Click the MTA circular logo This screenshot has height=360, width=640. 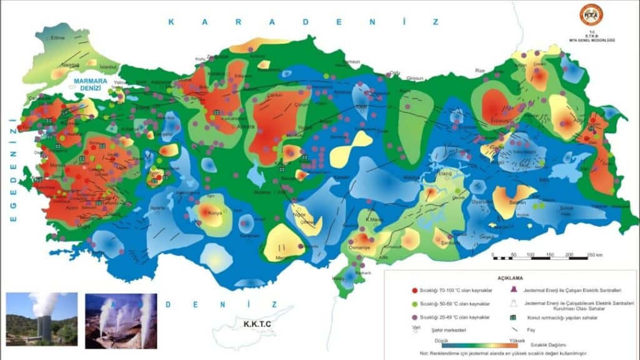click(x=591, y=14)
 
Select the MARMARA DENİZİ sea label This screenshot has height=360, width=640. click(x=90, y=85)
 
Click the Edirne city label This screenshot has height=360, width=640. click(x=58, y=38)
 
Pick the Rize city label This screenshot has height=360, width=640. click(x=480, y=71)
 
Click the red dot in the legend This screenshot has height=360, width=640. click(x=397, y=291)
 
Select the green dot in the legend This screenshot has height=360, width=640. click(x=397, y=304)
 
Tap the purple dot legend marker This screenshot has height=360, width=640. click(x=397, y=317)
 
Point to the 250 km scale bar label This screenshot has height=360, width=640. click(x=594, y=256)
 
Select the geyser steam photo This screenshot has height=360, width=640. click(x=121, y=321)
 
